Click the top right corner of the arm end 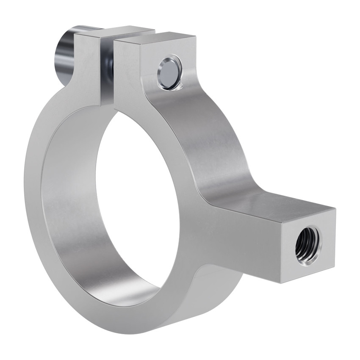pos(335,209)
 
